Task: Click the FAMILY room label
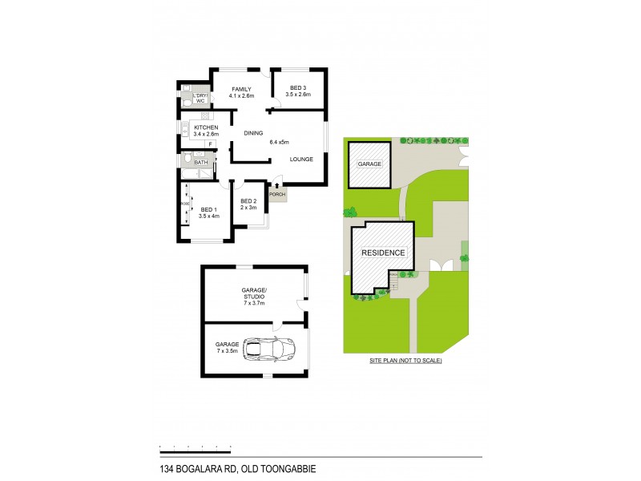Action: (x=241, y=89)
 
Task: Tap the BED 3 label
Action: (x=296, y=89)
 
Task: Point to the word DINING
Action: (x=253, y=133)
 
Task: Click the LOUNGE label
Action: (x=301, y=160)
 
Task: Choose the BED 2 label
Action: (x=248, y=201)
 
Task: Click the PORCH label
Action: (x=277, y=194)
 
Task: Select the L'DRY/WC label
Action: (x=200, y=99)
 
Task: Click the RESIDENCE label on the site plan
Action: (x=382, y=253)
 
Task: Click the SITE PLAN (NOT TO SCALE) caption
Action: (x=405, y=362)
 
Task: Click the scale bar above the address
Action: (x=195, y=445)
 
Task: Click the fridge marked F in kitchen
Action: (x=209, y=144)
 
